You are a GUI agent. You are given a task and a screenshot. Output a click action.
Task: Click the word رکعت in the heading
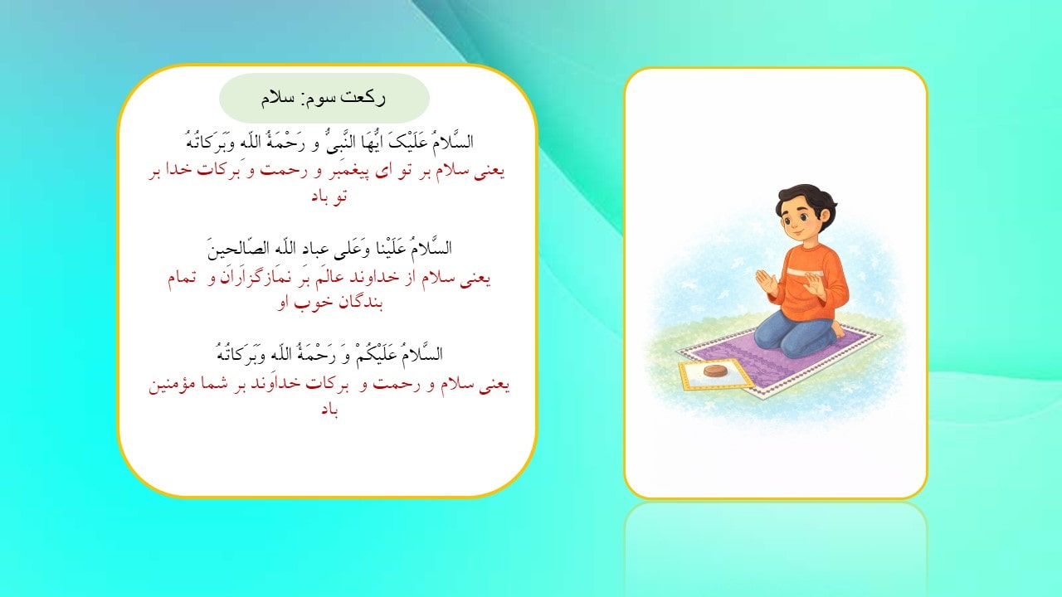(366, 98)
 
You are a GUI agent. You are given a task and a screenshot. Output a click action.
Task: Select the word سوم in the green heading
(320, 98)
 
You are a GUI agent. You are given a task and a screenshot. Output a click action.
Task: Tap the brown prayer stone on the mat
(714, 371)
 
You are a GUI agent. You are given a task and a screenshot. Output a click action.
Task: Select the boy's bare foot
(838, 329)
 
